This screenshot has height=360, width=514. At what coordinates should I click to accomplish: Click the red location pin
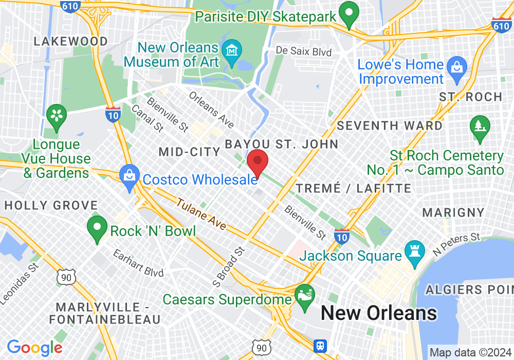point(258,161)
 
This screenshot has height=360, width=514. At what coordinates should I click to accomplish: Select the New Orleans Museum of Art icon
point(232,51)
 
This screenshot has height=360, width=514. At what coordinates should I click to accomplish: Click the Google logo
point(34,348)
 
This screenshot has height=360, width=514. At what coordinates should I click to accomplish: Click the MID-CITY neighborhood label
point(189,152)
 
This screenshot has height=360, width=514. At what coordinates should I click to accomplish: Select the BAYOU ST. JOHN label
point(282,143)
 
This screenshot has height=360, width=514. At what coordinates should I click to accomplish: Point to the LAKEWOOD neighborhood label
point(71,41)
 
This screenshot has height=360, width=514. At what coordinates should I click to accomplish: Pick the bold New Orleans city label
point(379,313)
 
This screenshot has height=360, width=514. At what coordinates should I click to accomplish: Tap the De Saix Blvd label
point(304,51)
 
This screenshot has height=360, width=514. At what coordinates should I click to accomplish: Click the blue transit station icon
point(321,345)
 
